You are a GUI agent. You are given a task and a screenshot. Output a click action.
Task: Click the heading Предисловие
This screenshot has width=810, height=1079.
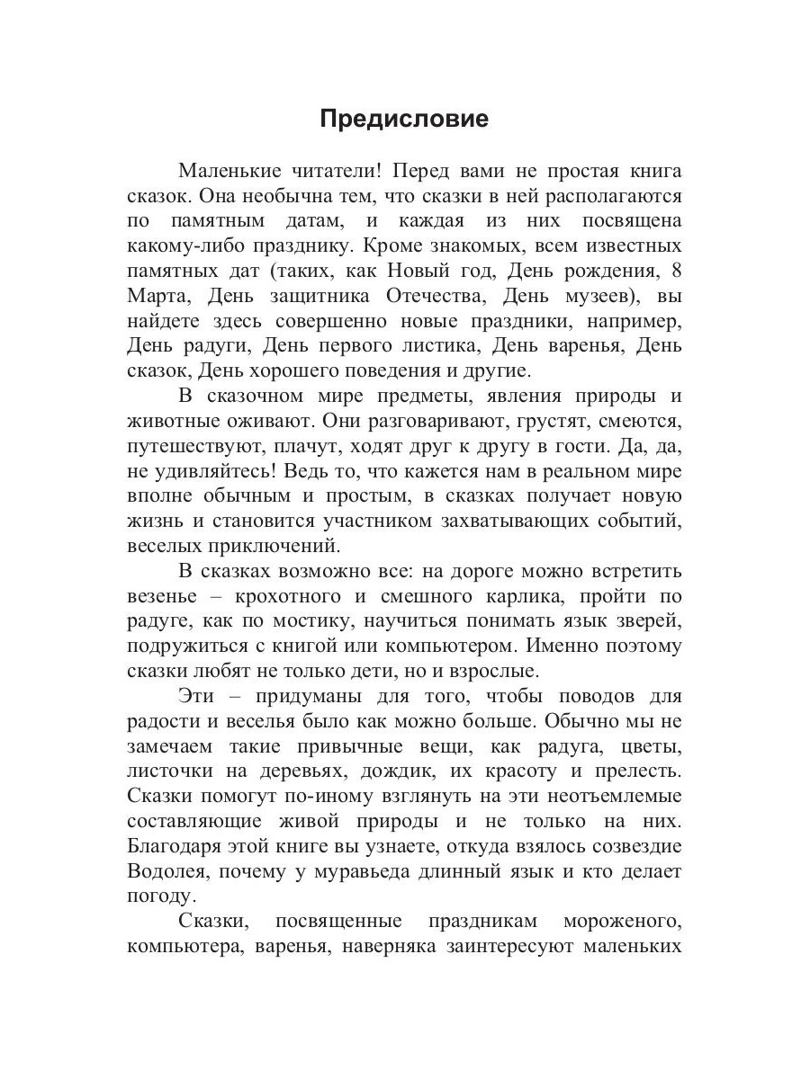(x=404, y=120)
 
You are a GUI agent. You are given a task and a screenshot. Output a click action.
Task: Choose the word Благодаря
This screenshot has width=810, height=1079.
(x=180, y=846)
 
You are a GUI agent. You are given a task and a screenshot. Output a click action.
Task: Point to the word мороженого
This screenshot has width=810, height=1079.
(x=622, y=921)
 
